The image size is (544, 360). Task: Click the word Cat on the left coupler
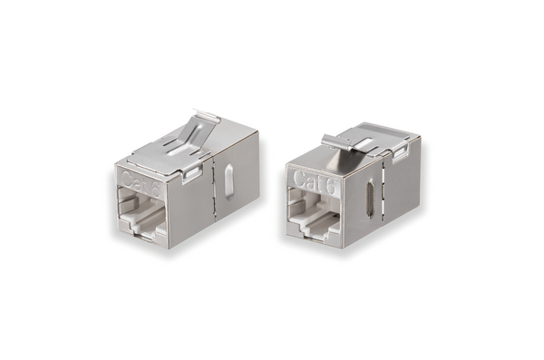[133, 178]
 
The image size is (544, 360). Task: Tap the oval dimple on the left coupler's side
[228, 182]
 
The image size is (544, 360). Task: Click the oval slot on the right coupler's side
[368, 190]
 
